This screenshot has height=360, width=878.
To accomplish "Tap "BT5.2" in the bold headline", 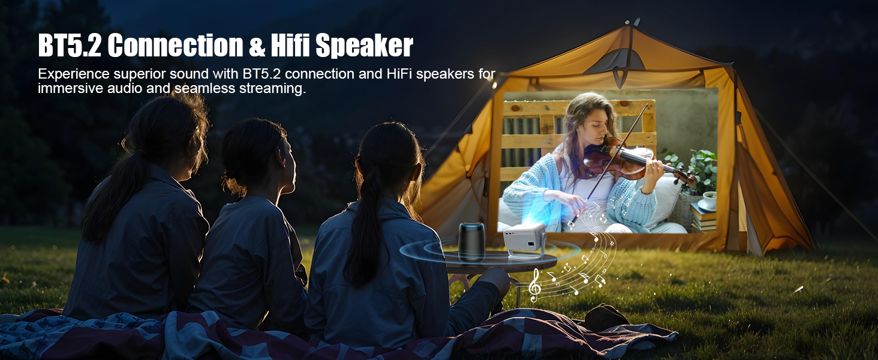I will click(x=69, y=46).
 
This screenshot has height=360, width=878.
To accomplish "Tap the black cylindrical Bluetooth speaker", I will click(x=471, y=241).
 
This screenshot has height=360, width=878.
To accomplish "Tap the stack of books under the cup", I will click(x=703, y=218).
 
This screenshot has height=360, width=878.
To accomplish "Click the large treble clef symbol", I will click(x=534, y=284).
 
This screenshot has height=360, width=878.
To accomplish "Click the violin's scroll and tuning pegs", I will click(x=687, y=178).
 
